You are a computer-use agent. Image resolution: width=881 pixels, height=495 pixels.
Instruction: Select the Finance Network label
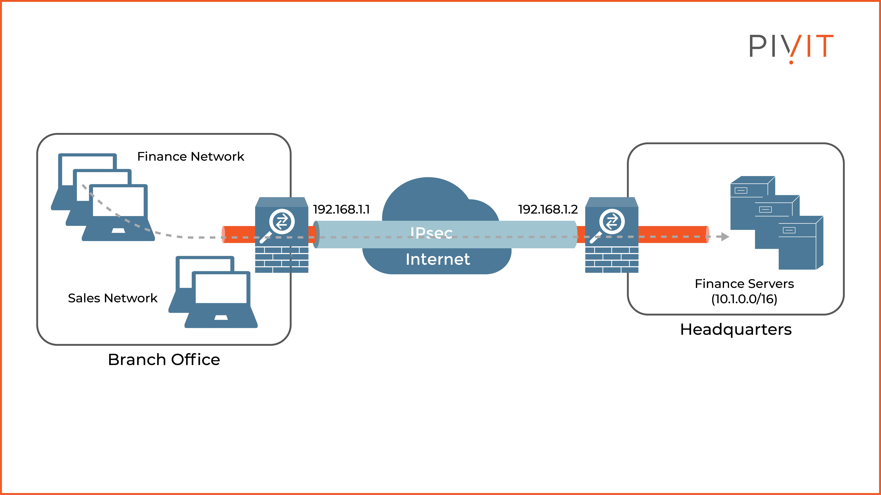pyautogui.click(x=190, y=156)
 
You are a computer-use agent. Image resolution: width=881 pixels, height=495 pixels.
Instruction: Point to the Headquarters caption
pyautogui.click(x=736, y=329)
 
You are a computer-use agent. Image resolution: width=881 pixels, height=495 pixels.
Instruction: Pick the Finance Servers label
pyautogui.click(x=744, y=284)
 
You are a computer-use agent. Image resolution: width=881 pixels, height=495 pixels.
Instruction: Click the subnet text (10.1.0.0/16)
pyautogui.click(x=744, y=299)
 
